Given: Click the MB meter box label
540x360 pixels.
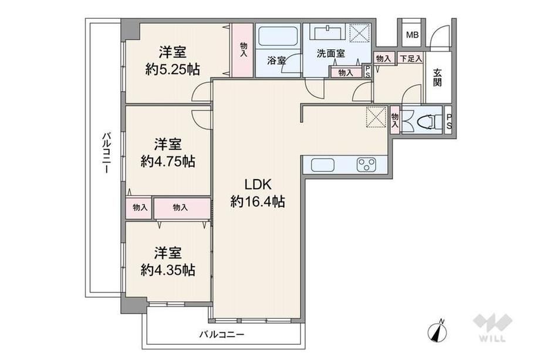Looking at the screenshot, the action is pos(412,35).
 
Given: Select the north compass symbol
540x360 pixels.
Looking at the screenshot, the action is pos(437,331).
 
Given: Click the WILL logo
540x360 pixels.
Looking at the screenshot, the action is pos(492,327).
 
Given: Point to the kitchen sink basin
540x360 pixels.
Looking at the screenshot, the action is pos(323,165).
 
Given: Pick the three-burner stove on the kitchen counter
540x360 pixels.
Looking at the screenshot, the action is pos(366,164).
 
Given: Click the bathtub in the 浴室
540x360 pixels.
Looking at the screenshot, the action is pos(278,36).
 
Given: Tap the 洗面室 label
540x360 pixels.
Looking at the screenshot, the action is pos(330,53).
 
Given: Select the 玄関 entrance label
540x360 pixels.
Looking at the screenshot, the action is pos(437,78).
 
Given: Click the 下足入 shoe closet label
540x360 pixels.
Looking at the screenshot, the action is pos(410,59).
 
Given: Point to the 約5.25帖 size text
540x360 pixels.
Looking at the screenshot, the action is pos(173,69).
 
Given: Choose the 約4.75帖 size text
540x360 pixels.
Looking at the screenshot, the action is pos(168,162).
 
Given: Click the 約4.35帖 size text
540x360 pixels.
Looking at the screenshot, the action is pos(168,270).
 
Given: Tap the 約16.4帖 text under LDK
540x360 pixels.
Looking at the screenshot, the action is pos(258,201).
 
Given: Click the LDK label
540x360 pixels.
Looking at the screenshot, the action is pos(258,184).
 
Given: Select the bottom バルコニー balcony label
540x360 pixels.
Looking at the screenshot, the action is pos(222,334).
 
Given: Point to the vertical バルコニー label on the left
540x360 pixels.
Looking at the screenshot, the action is pos(106,152).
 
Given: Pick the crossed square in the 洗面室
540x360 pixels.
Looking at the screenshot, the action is pos(360,33).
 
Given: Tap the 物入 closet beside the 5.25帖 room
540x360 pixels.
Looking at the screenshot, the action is pos(243,51).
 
